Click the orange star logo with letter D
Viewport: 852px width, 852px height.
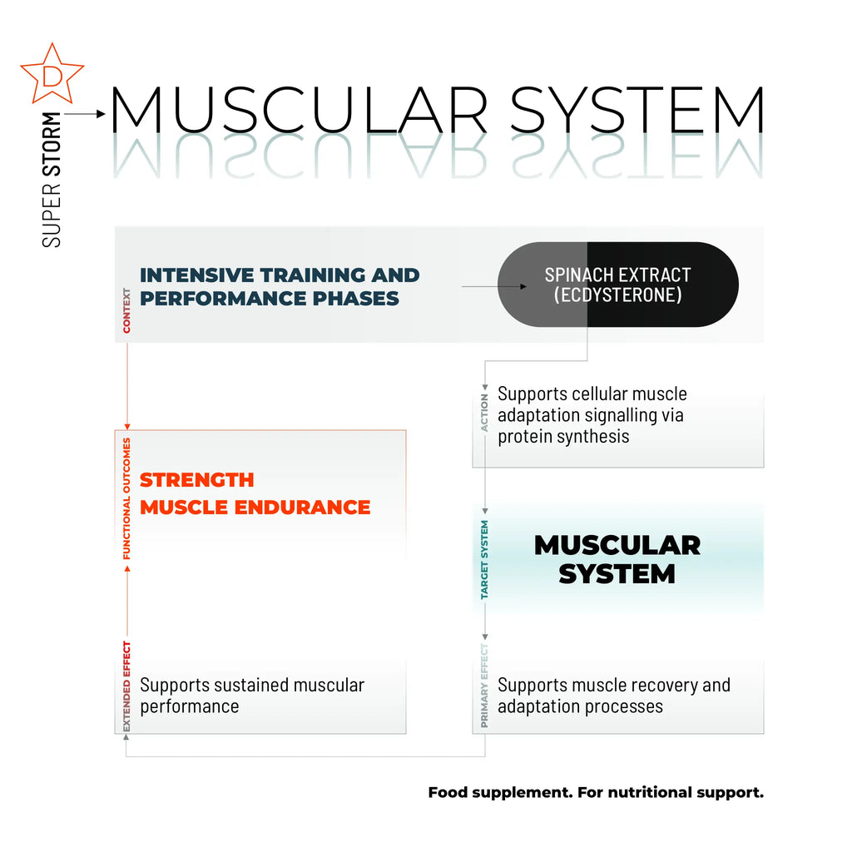pos(52,74)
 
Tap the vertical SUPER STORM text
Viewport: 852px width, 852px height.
pos(52,179)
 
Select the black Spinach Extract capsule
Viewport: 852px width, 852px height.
pos(617,285)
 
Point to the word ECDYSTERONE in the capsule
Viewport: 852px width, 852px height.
pos(617,295)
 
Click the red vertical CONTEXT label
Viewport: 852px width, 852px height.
pos(127,310)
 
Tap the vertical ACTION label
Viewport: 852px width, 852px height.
pos(485,413)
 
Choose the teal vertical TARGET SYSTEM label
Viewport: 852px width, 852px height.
pos(485,560)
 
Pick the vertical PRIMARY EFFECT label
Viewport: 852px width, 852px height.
pos(485,686)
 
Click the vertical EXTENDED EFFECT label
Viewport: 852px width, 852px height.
pos(127,686)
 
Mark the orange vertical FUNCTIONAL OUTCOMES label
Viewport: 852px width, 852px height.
pos(127,498)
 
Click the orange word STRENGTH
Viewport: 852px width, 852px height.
pos(197,480)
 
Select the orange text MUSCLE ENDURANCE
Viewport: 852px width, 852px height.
pos(255,507)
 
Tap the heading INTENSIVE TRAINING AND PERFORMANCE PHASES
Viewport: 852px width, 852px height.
pos(280,286)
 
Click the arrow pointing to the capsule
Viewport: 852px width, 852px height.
pos(494,287)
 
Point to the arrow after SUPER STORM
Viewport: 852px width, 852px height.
pos(87,113)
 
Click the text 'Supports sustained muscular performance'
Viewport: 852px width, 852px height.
pos(251,696)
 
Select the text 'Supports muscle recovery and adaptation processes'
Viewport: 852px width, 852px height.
pos(613,696)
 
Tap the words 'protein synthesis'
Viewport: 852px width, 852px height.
pos(563,436)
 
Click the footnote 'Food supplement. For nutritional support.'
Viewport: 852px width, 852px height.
pos(596,792)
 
